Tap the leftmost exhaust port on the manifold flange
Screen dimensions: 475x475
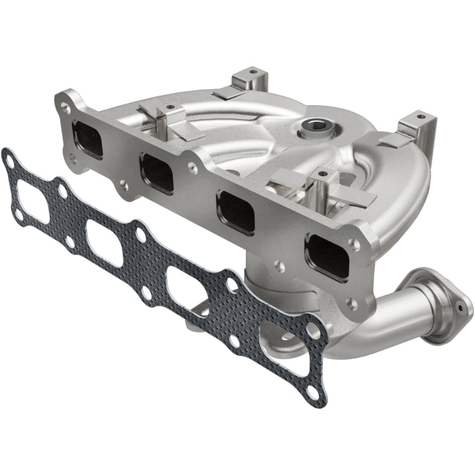click(87, 139)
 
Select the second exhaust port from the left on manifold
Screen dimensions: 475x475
click(157, 173)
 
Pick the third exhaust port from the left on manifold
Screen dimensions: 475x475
click(235, 211)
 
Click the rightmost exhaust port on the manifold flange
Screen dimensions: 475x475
click(327, 255)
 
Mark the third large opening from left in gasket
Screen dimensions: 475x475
click(188, 289)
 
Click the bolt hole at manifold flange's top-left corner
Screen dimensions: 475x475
click(65, 107)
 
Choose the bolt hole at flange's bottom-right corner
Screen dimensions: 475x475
click(351, 305)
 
